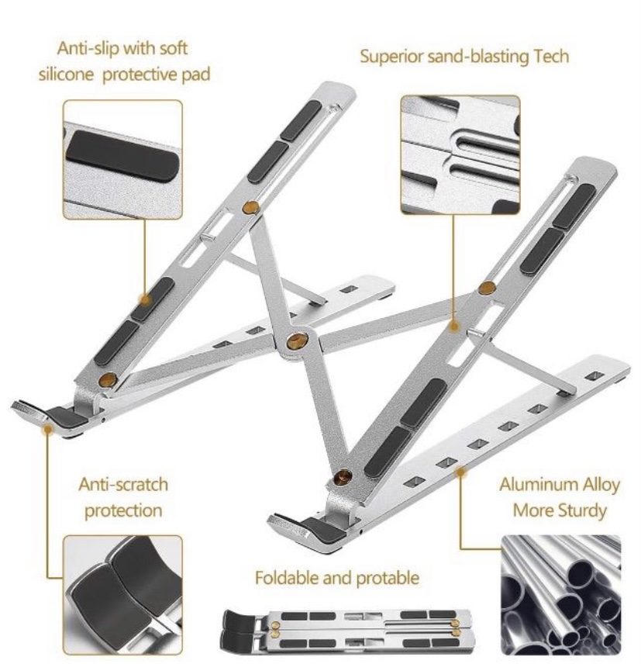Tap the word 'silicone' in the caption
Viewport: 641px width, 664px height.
point(66,74)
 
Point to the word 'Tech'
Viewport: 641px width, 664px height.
point(551,57)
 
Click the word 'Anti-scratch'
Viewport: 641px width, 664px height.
point(123,484)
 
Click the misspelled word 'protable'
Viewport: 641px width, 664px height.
point(387,578)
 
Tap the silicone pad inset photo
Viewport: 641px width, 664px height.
point(122,159)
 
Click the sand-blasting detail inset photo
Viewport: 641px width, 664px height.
point(460,154)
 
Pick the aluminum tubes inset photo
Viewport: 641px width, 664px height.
point(561,594)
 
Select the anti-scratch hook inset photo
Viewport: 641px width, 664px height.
point(122,594)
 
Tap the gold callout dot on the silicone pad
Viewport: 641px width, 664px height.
point(146,300)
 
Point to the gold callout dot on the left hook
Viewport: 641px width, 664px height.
point(48,430)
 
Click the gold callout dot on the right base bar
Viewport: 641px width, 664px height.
point(460,472)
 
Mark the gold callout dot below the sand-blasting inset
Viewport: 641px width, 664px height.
point(454,326)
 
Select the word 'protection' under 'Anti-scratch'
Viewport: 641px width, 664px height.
point(123,510)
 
